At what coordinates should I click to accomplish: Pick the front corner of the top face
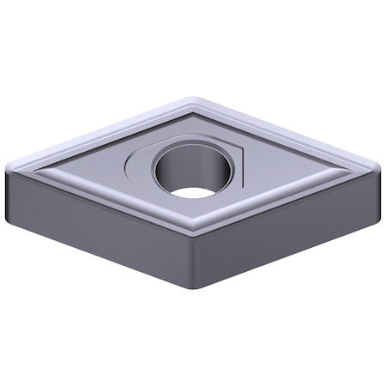[x=196, y=232]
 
